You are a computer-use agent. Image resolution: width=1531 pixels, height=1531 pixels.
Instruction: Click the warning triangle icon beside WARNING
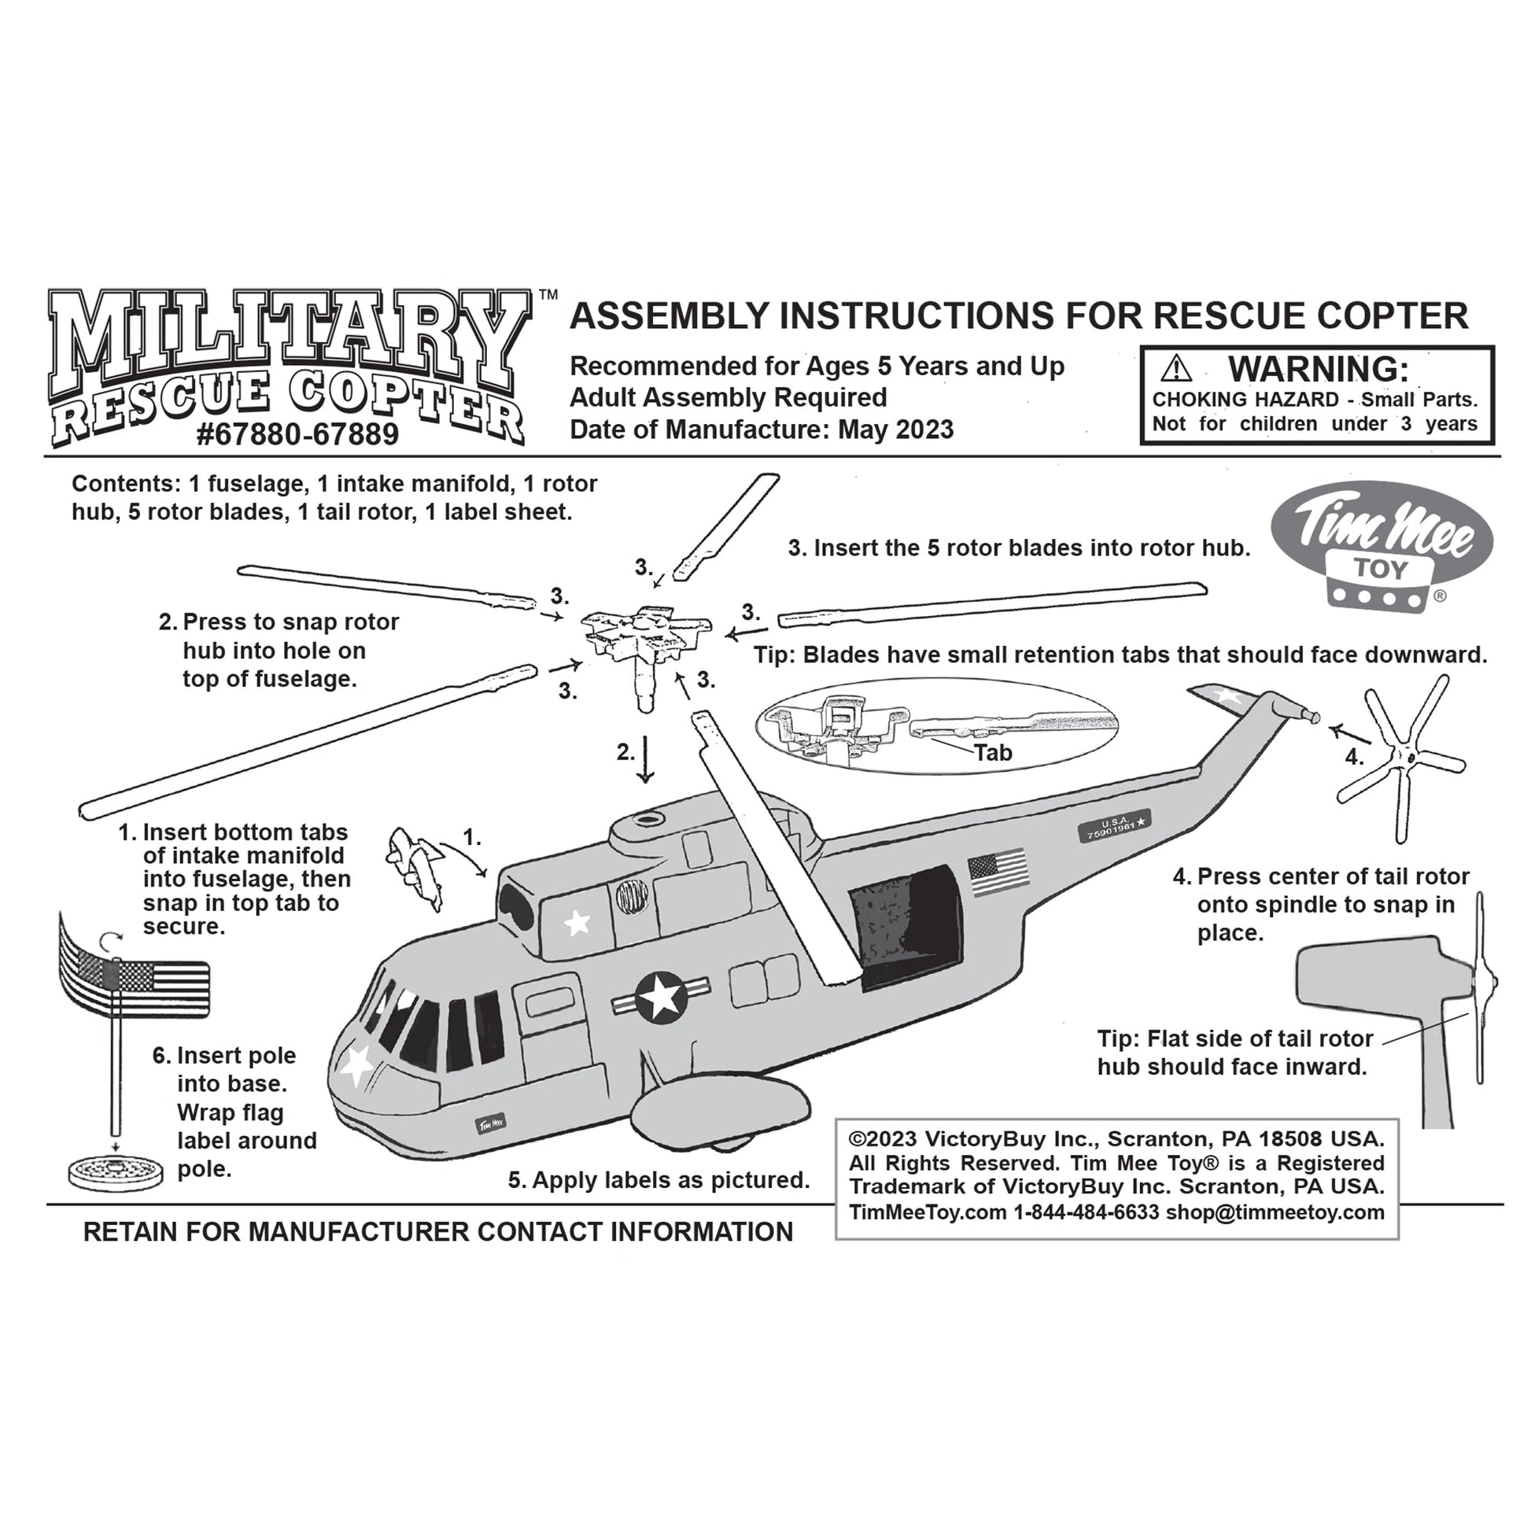pos(1176,369)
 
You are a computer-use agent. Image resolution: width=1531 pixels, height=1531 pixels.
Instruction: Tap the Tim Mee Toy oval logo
pos(1382,546)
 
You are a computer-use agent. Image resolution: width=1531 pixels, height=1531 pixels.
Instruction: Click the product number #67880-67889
pos(297,435)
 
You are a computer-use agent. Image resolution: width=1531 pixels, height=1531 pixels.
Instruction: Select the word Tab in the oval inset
pos(993,752)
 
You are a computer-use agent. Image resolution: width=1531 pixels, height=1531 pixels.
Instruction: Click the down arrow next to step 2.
pos(645,759)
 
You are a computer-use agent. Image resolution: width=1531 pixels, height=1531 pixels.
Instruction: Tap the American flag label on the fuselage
pos(998,872)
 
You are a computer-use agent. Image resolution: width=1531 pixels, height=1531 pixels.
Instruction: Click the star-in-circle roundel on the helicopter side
pos(660,998)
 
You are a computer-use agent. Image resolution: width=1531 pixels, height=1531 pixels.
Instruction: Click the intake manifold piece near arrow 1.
pos(415,867)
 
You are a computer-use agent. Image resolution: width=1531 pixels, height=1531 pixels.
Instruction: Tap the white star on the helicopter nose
pos(356,1064)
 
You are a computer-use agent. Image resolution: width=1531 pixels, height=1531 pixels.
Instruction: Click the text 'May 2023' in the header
pos(895,430)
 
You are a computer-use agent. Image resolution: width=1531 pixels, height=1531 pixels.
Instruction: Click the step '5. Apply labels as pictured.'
pos(659,1180)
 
